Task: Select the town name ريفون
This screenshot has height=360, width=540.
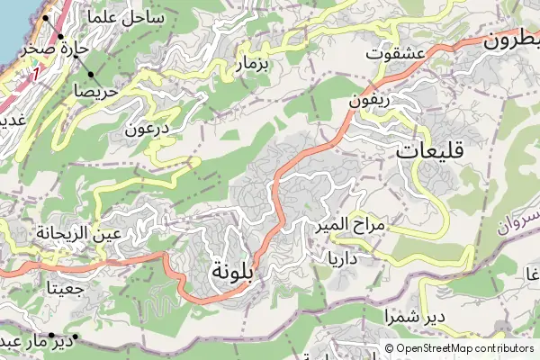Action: coord(370,102)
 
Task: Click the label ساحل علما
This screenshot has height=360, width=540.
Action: coord(127,17)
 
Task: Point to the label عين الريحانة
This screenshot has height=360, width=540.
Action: coord(92,234)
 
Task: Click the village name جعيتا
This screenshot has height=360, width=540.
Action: coord(67,289)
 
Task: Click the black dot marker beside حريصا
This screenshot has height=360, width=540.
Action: coord(92,73)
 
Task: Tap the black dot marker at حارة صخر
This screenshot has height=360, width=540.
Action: coord(61,37)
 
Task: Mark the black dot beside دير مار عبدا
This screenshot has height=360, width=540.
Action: coord(76,337)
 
